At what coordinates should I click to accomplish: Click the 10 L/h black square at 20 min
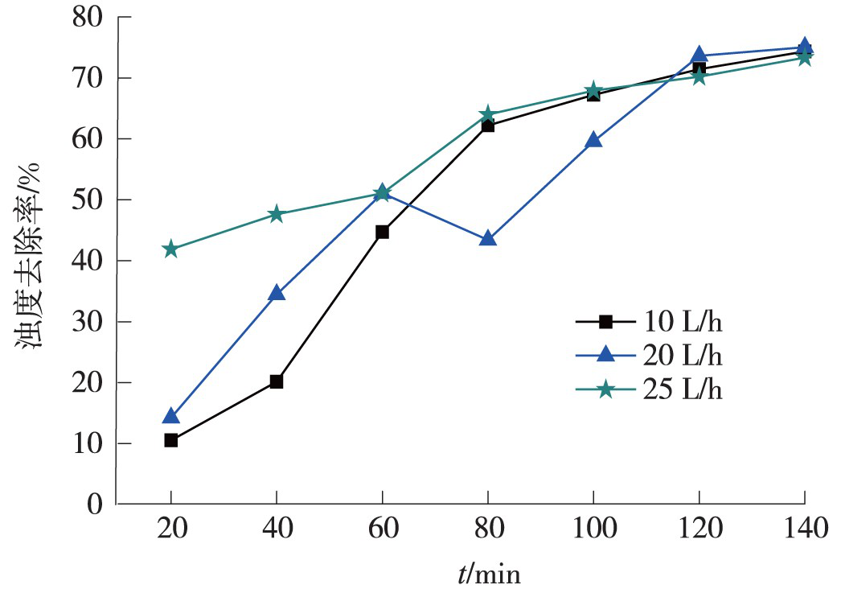[170, 440]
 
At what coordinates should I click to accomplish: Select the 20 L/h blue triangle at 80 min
[487, 239]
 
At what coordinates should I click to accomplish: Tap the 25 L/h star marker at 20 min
[170, 249]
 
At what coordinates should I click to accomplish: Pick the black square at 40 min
[276, 381]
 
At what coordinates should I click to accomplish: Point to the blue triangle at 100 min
[593, 140]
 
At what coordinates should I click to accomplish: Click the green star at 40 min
[276, 214]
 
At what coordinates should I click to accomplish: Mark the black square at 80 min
[487, 126]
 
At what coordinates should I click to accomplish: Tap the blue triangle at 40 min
[276, 293]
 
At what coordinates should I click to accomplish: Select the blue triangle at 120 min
[699, 55]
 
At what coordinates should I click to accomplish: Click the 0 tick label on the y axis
[97, 505]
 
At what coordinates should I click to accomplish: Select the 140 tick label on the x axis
[804, 530]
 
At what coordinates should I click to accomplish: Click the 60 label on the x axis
[382, 530]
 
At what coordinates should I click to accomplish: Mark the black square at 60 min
[382, 232]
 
